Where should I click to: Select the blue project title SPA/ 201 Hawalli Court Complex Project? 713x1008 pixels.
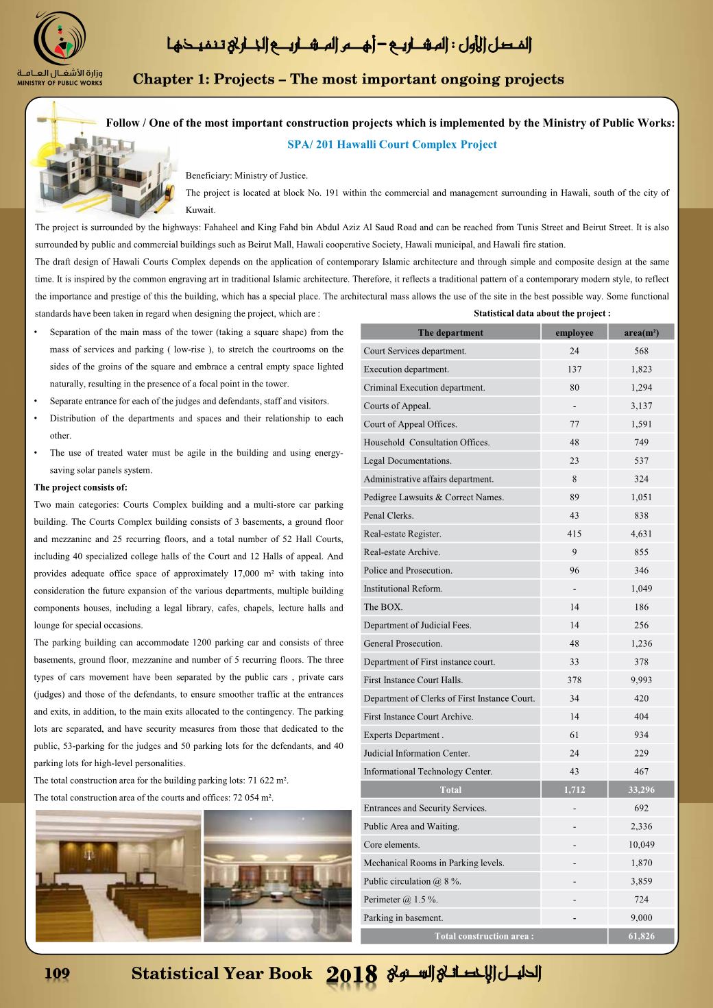click(391, 145)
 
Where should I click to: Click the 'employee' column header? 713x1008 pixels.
click(574, 333)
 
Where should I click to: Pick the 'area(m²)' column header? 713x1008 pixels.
click(641, 333)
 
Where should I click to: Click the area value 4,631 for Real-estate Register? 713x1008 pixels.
click(641, 534)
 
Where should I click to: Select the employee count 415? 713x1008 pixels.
click(574, 534)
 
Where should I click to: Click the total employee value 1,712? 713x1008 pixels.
click(574, 789)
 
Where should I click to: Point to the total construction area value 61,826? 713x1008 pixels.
click(641, 936)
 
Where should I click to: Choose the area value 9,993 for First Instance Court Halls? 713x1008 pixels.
click(641, 680)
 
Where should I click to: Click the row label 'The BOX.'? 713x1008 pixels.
click(383, 607)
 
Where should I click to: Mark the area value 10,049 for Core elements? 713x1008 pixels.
click(641, 845)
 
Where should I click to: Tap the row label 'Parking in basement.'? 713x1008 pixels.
click(403, 918)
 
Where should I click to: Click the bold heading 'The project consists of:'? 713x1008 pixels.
click(81, 488)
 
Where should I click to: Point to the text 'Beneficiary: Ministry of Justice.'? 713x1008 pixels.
click(247, 176)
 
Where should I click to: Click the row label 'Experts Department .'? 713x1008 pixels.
click(404, 735)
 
